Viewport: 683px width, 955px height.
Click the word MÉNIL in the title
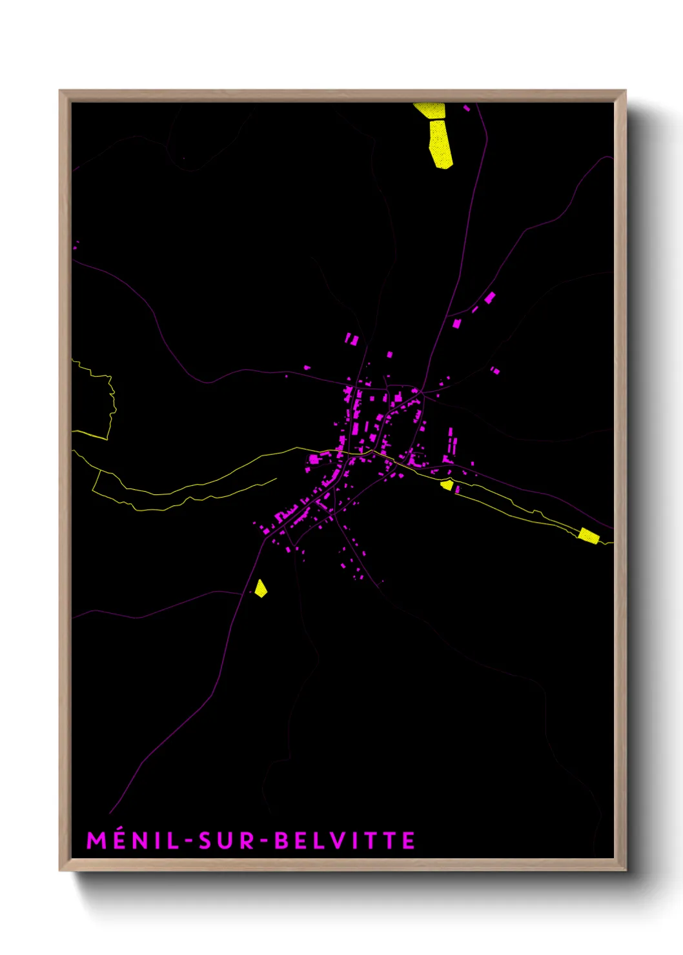(133, 841)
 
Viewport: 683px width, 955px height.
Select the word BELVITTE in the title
(345, 841)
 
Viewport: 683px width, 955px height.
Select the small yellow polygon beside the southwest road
(260, 588)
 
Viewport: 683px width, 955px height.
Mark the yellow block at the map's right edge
(589, 535)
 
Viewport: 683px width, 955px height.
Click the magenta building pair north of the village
(352, 339)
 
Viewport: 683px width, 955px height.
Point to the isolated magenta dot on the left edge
(76, 245)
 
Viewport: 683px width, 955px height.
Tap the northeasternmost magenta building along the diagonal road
(490, 297)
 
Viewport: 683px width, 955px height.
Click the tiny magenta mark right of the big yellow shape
(467, 108)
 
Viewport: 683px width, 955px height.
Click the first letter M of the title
(96, 841)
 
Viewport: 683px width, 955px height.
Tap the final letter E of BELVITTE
(408, 841)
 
